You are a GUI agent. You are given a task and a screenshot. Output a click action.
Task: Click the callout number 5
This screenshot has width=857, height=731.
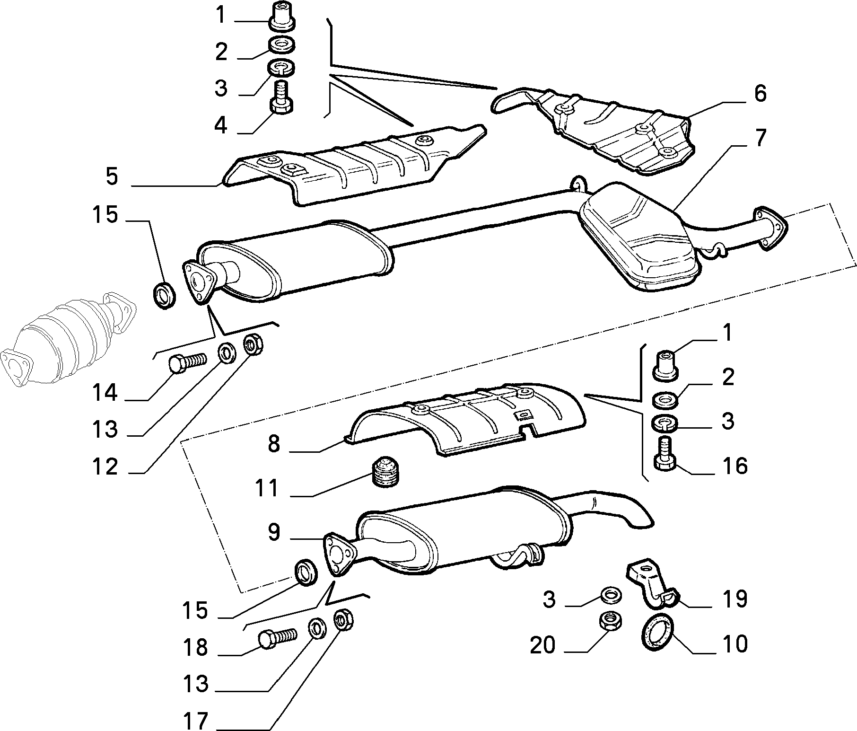112,176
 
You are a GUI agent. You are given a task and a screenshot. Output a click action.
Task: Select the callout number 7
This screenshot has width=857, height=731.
759,137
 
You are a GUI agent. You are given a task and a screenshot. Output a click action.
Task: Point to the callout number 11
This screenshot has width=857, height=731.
267,488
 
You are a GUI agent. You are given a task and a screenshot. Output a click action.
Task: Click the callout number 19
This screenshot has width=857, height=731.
735,599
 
